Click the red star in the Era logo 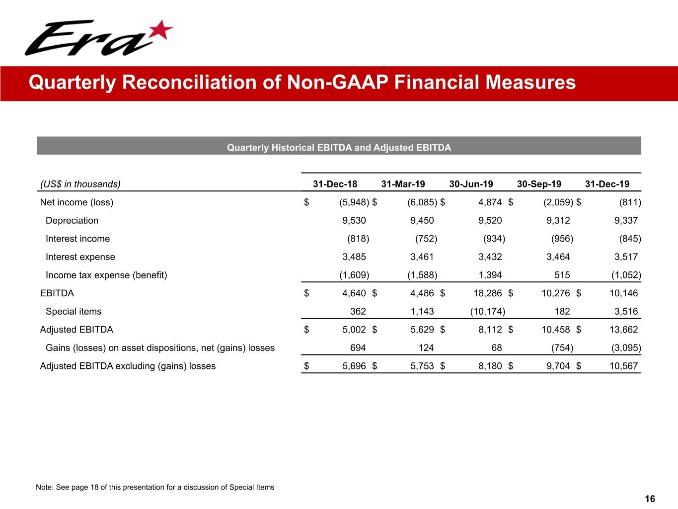(x=160, y=31)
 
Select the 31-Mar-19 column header (x=403, y=184)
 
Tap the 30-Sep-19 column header (x=539, y=184)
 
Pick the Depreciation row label (x=72, y=220)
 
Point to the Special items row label (x=74, y=312)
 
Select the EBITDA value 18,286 (x=487, y=293)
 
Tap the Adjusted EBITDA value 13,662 (x=623, y=330)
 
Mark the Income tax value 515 (x=562, y=275)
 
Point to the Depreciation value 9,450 (x=422, y=220)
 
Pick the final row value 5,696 (x=354, y=366)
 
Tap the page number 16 (x=650, y=499)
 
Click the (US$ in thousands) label (x=80, y=184)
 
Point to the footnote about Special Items (x=155, y=487)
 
